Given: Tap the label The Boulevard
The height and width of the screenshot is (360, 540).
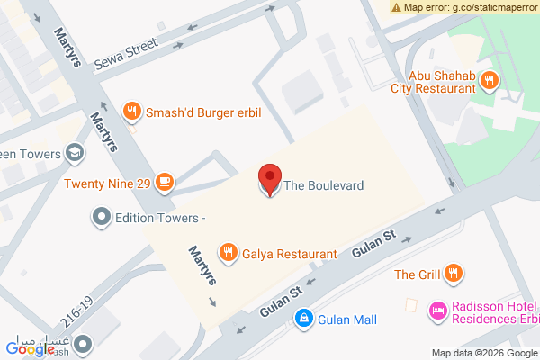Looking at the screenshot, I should click(324, 185).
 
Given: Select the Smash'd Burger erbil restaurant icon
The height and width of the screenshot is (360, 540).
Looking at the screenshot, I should click(132, 111).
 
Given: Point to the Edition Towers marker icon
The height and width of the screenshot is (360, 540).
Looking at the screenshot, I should click(101, 217).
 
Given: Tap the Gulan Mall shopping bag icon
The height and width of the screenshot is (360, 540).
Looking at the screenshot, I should click(305, 319).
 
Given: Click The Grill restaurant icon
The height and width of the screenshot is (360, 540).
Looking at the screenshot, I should click(454, 274).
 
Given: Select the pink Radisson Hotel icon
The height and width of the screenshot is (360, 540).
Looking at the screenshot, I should click(437, 310).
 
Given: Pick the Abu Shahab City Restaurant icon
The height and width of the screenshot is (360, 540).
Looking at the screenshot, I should click(489, 81).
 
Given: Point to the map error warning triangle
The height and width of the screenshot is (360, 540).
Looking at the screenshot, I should click(396, 6).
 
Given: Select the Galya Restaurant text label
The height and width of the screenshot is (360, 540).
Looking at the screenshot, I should click(289, 254).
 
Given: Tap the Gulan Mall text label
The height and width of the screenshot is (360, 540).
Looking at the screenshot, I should click(346, 319).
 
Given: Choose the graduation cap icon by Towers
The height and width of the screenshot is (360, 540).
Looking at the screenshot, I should click(76, 153).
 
